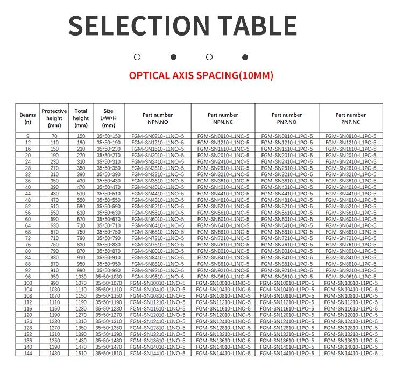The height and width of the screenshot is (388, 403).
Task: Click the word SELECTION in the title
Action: (x=137, y=25)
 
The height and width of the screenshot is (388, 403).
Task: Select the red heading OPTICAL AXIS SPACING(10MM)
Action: (x=201, y=75)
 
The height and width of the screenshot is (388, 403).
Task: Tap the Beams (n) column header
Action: (x=27, y=118)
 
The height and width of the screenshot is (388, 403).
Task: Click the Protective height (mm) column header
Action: (x=54, y=118)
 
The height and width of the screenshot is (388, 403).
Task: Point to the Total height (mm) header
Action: (x=81, y=118)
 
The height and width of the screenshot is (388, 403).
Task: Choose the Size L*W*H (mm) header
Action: (x=108, y=118)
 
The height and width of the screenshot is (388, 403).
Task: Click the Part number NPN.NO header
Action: (x=158, y=118)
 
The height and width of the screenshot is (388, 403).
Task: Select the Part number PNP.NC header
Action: (x=350, y=118)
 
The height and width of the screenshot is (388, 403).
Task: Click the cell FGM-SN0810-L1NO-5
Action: (x=158, y=136)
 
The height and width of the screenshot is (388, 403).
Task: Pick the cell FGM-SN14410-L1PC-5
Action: (x=350, y=354)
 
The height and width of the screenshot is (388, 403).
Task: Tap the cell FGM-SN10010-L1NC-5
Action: (x=222, y=283)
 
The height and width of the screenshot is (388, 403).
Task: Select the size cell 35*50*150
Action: (x=108, y=136)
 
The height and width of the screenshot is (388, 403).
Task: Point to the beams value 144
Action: (x=27, y=354)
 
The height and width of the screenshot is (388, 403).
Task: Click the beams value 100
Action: (x=27, y=283)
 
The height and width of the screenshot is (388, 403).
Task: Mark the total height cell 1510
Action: (x=81, y=354)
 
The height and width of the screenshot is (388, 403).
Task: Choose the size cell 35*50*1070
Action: (x=108, y=283)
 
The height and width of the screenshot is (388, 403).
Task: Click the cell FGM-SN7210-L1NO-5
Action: (x=158, y=238)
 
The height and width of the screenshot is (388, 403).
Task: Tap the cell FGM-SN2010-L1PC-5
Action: (x=350, y=155)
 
